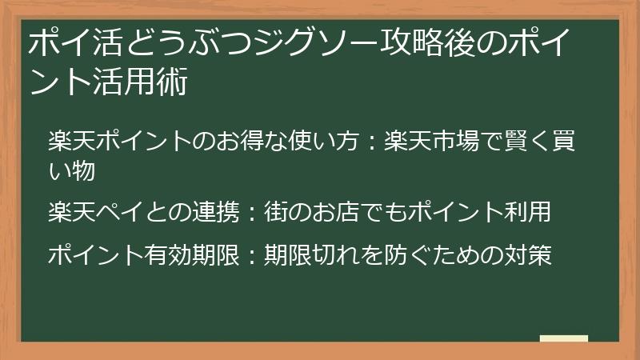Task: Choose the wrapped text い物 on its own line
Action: [x=72, y=170]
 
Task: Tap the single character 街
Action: [x=276, y=213]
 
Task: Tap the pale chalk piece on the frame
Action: [x=563, y=338]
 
